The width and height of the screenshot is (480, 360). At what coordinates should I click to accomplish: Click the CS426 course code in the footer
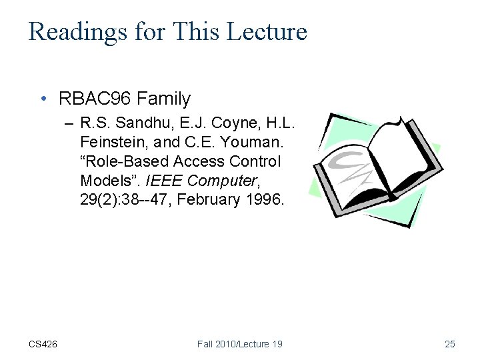tap(43, 344)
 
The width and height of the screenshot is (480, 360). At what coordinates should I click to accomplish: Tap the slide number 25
tap(449, 344)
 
